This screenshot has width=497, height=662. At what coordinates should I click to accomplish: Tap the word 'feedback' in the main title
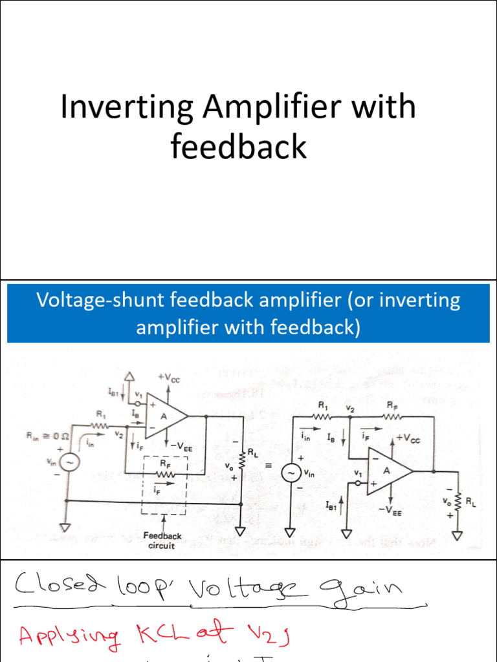tap(238, 147)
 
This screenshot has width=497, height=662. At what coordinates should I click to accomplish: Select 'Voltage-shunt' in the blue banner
tap(94, 301)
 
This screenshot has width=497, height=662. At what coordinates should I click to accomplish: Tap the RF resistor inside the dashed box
tap(165, 475)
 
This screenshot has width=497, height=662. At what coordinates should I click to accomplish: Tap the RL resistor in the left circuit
tap(242, 460)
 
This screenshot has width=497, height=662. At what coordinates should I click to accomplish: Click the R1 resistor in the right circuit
tap(324, 417)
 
